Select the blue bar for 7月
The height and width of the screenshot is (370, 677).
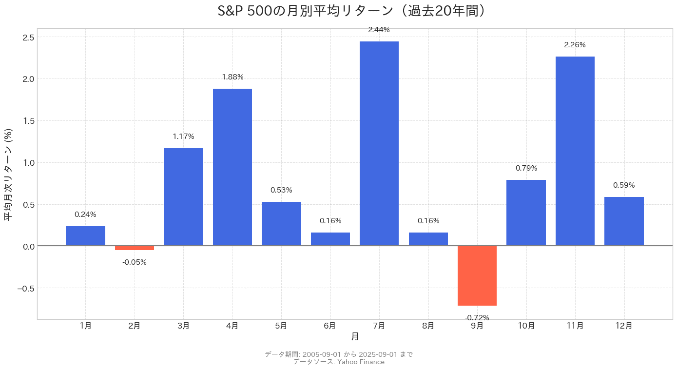pyautogui.click(x=379, y=143)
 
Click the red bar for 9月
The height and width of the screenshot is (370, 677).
pyautogui.click(x=477, y=276)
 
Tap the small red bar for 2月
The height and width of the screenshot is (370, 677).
pyautogui.click(x=134, y=248)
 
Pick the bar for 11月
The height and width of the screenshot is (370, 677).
pyautogui.click(x=575, y=151)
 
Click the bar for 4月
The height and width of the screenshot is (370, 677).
pyautogui.click(x=232, y=167)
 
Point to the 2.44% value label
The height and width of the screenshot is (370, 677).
pyautogui.click(x=379, y=30)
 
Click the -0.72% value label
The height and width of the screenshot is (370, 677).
pyautogui.click(x=477, y=318)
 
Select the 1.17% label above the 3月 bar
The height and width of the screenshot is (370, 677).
pyautogui.click(x=183, y=136)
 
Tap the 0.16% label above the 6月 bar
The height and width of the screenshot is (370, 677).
pyautogui.click(x=330, y=221)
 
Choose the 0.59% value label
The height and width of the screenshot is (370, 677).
pyautogui.click(x=624, y=185)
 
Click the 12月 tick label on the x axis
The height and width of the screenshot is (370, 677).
pyautogui.click(x=624, y=326)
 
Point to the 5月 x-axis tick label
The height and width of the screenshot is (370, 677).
pyautogui.click(x=281, y=326)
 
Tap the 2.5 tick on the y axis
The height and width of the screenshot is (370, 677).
pyautogui.click(x=28, y=38)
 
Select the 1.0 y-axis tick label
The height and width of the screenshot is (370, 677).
pyautogui.click(x=28, y=163)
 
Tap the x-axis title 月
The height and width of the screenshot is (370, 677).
pyautogui.click(x=355, y=336)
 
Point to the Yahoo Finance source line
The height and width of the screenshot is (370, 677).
pyautogui.click(x=339, y=362)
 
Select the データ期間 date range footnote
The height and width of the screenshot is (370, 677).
pyautogui.click(x=339, y=354)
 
